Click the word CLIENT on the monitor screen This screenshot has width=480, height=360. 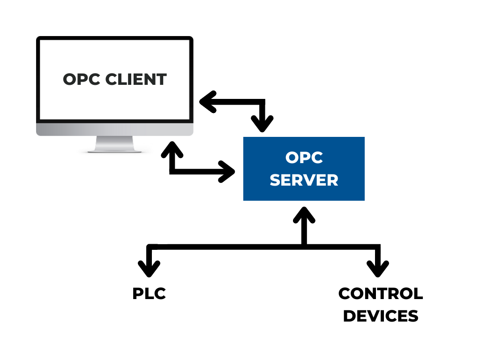coord(136,79)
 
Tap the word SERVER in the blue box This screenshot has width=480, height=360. coord(304,180)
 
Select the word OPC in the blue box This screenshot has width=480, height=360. coord(304,157)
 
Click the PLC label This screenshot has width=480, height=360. coord(149,294)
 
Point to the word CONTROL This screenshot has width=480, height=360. coord(380,294)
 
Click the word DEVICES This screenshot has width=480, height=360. coord(380,316)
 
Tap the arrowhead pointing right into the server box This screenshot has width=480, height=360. coord(227,172)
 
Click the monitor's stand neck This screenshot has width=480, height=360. coord(115,142)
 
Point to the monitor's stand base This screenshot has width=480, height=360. coord(115,150)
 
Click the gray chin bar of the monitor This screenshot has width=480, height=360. coord(115,129)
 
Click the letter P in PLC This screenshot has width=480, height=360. coord(138,294)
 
